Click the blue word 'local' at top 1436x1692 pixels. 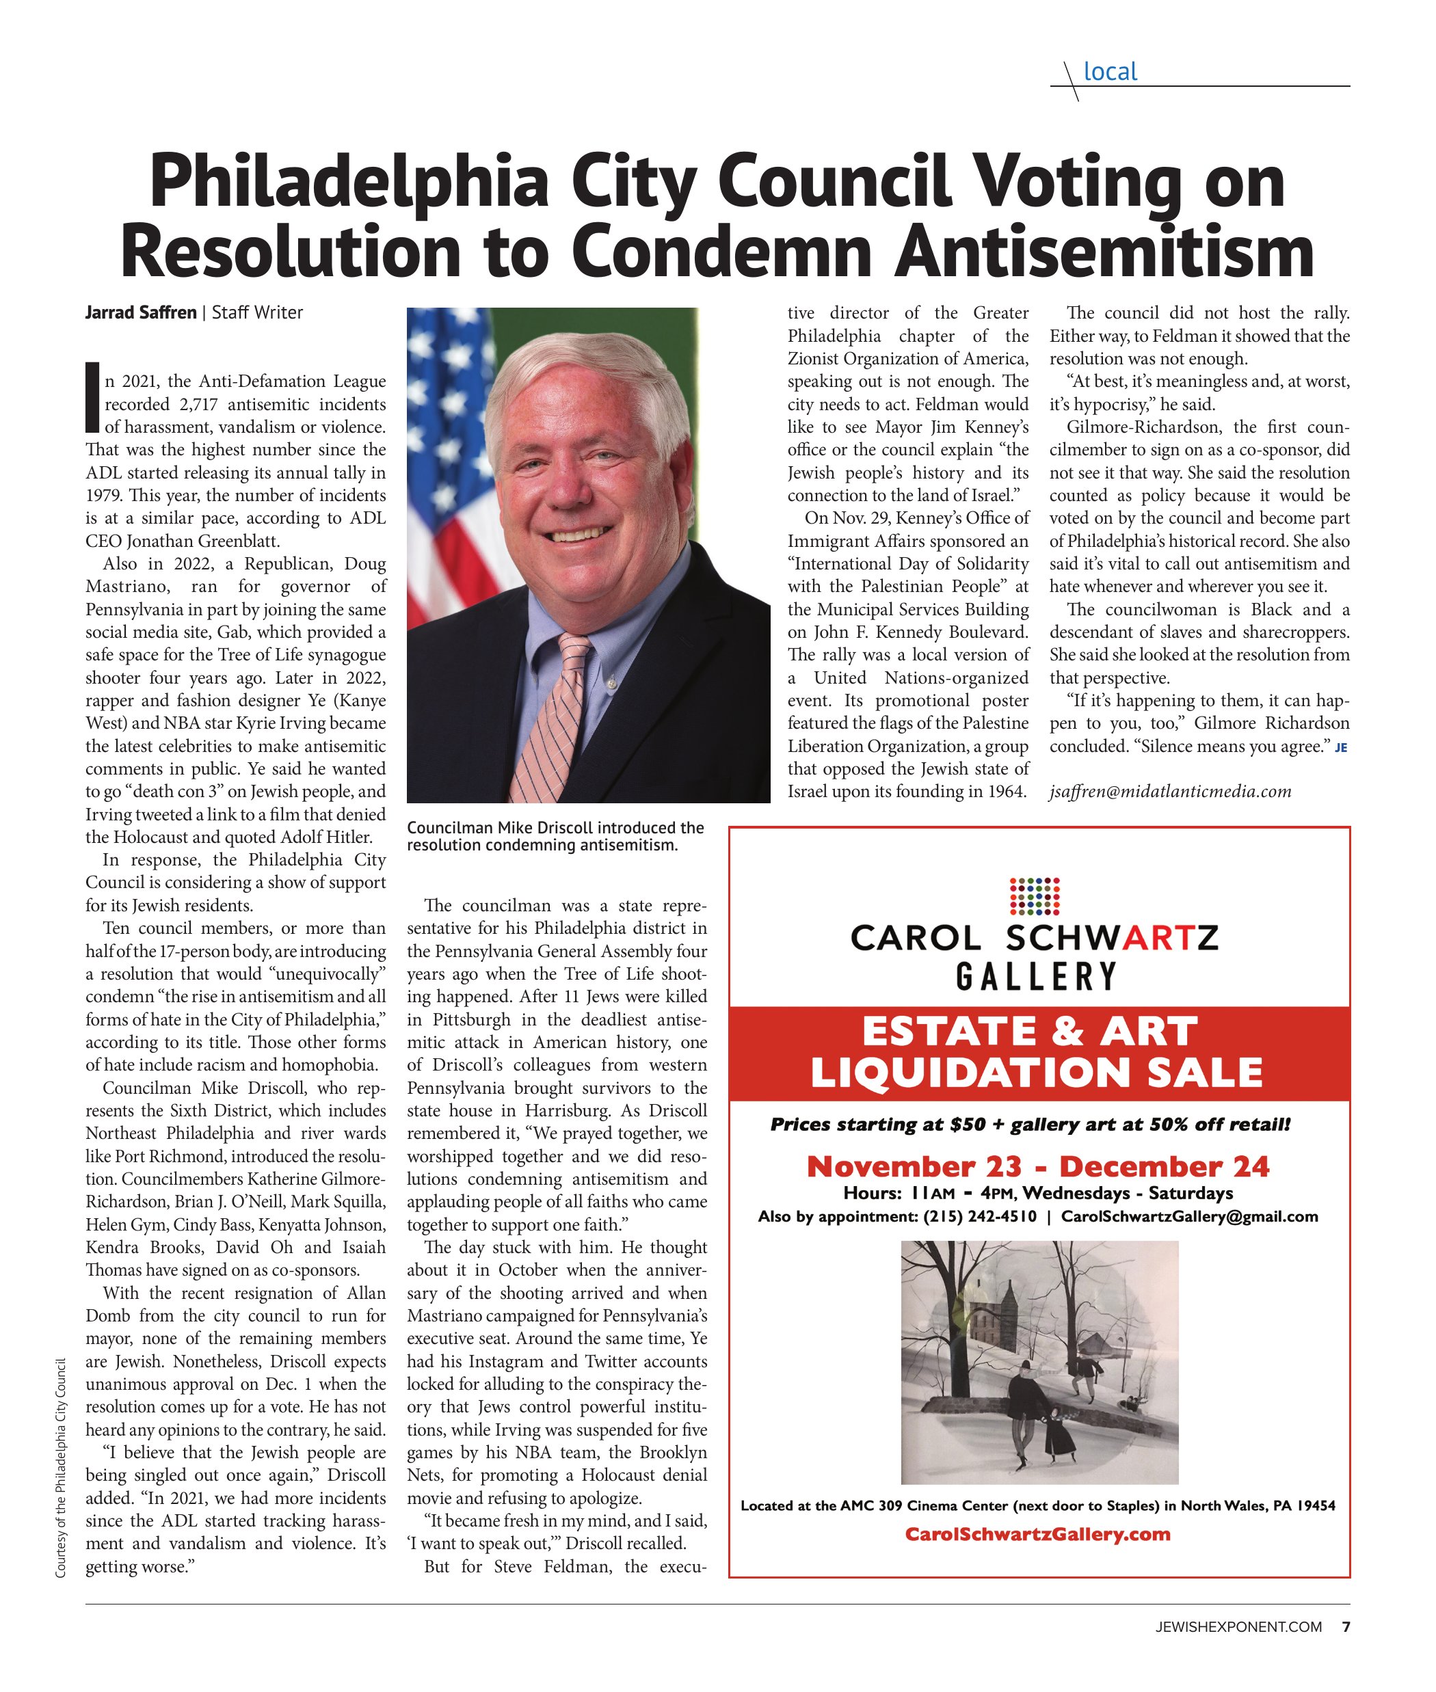(1110, 72)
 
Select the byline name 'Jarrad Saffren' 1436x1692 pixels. (141, 312)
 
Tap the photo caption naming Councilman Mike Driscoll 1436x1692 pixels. (555, 836)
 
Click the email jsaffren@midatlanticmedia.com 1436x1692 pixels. (1170, 791)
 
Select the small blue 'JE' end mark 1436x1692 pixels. (1341, 748)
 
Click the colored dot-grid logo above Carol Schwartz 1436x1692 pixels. (1034, 896)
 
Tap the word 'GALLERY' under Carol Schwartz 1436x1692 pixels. (1035, 976)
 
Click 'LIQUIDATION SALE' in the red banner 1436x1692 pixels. (1036, 1073)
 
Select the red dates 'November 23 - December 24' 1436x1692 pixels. (1037, 1166)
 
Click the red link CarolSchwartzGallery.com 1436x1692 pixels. (1037, 1534)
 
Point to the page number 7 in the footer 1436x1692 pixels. (1346, 1627)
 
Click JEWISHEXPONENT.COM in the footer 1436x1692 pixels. (1238, 1627)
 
